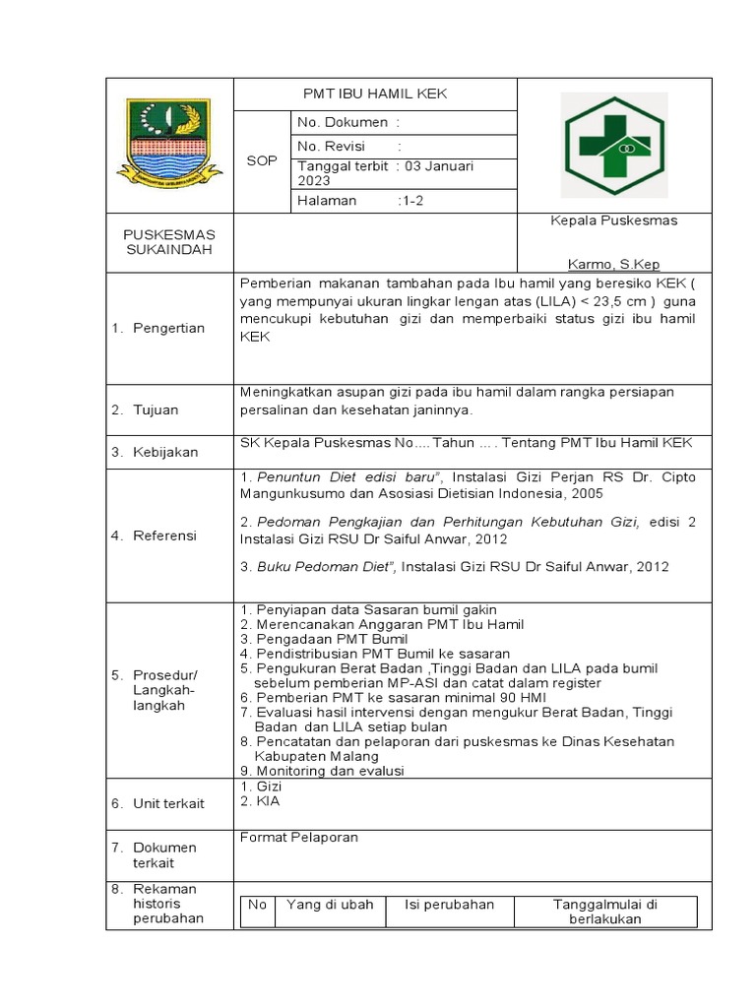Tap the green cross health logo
613,145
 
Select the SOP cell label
262,160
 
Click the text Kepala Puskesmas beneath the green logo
613,220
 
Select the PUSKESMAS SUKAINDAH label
168,242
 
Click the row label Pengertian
169,328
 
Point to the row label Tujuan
157,409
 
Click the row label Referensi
165,535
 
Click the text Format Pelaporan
299,837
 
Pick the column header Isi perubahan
450,905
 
